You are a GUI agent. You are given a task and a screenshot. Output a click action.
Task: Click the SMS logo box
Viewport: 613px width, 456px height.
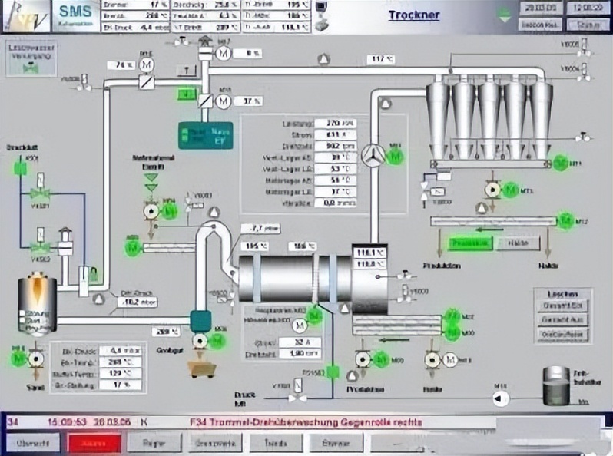76,15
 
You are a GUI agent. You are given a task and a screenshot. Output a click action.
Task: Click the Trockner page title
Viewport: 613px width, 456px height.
415,15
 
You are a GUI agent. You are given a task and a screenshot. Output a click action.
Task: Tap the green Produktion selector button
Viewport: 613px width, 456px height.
470,243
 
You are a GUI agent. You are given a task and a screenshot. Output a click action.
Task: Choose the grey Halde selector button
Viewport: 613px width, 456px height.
519,243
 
